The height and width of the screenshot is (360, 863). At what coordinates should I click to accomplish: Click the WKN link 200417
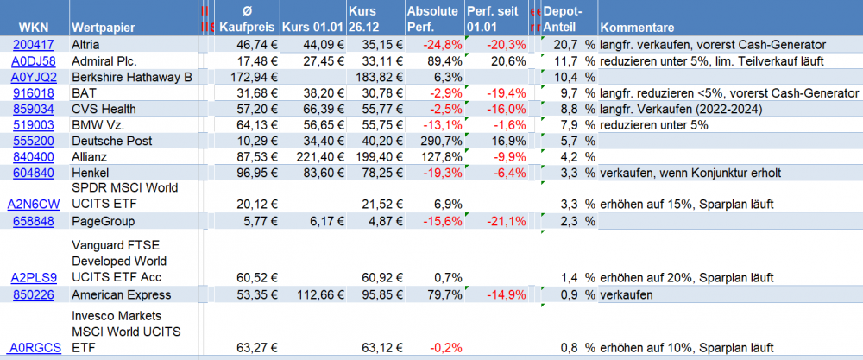tap(34, 45)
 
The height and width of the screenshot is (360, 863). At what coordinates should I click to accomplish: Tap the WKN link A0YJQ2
tap(34, 77)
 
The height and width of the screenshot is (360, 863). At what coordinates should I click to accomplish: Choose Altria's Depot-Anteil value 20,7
tap(566, 45)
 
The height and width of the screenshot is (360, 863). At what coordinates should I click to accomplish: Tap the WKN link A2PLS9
tap(34, 278)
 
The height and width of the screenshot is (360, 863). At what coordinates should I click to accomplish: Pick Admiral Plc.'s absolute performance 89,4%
tap(438, 60)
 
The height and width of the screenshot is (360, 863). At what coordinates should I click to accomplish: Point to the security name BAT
tap(85, 92)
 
